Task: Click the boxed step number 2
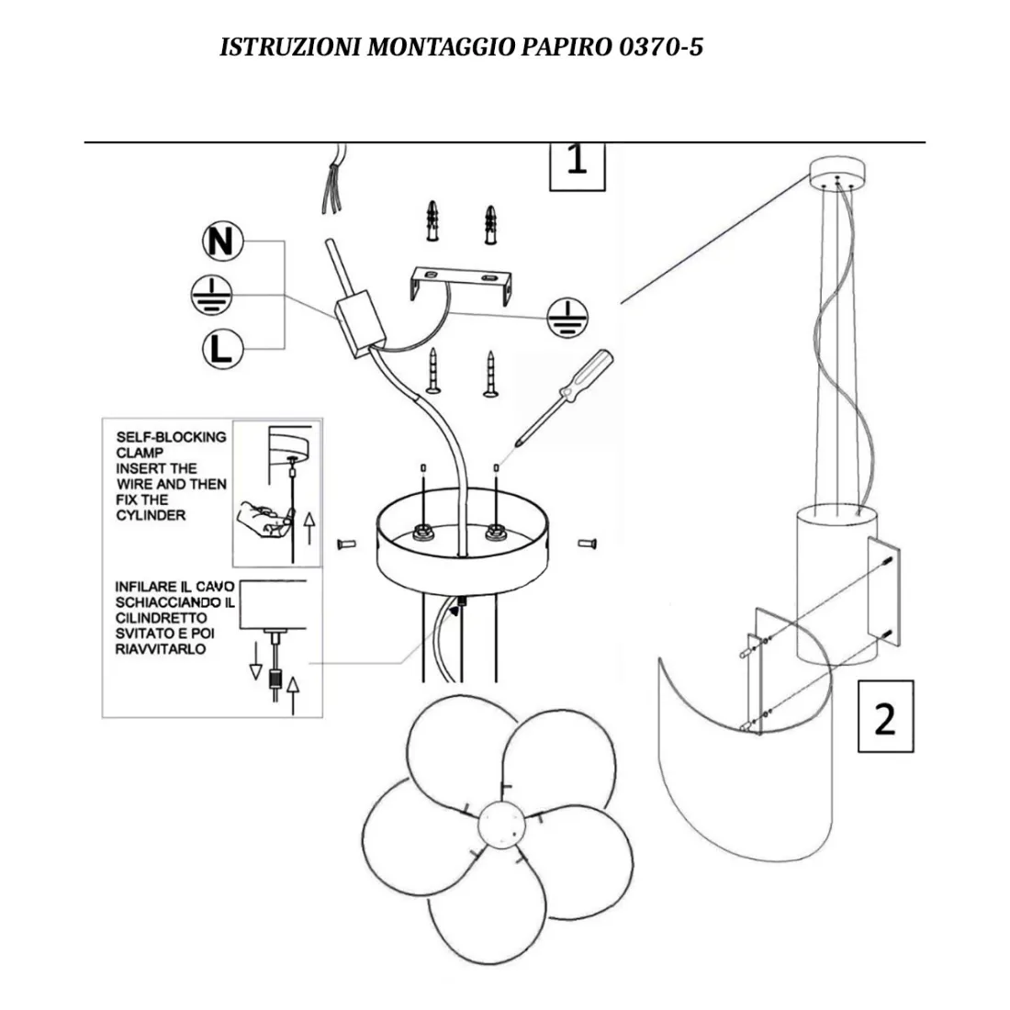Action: pyautogui.click(x=885, y=716)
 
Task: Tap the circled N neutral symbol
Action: pyautogui.click(x=222, y=241)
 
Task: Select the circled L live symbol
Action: pyautogui.click(x=221, y=349)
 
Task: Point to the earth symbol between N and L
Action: pyautogui.click(x=212, y=294)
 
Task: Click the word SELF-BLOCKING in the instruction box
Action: pyautogui.click(x=171, y=437)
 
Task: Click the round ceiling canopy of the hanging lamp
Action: pyautogui.click(x=836, y=173)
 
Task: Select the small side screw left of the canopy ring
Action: pyautogui.click(x=348, y=544)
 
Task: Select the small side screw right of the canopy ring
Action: pyautogui.click(x=589, y=544)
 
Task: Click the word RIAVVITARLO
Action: pyautogui.click(x=161, y=649)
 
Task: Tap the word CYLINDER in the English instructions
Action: pyautogui.click(x=151, y=515)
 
